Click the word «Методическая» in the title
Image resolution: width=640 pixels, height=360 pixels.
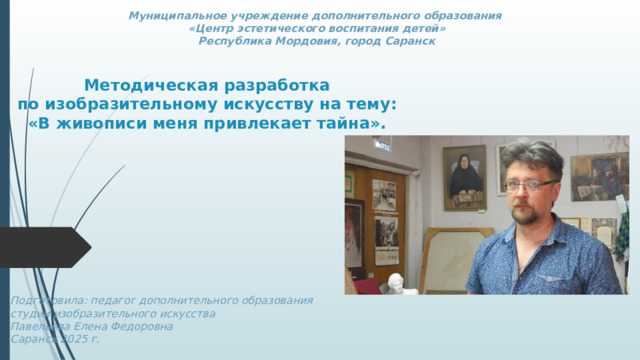pos(150,86)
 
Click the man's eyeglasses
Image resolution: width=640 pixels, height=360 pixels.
pos(530,185)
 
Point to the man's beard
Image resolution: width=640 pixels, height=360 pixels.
pos(531,214)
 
